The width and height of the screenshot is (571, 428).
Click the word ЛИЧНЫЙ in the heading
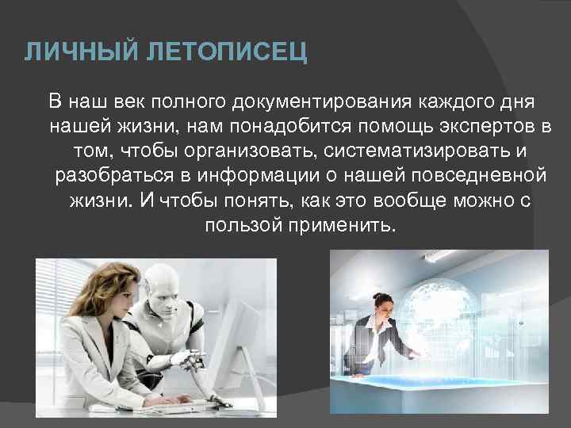[x=70, y=53]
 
